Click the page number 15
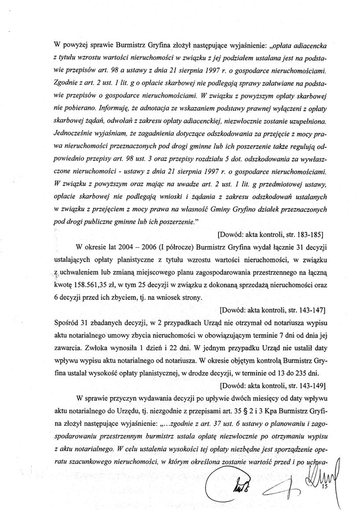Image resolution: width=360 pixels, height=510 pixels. click(x=325, y=487)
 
